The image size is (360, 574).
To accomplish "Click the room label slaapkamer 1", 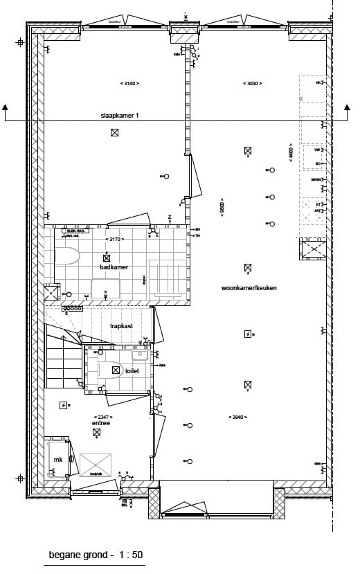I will [120, 116].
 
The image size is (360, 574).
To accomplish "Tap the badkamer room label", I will [114, 267].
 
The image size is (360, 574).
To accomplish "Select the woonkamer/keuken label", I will [249, 287].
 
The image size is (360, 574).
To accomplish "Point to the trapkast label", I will [121, 325].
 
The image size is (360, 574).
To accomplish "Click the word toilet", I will [132, 371].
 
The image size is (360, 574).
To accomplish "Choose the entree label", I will [101, 422].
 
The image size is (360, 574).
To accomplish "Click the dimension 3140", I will [129, 84].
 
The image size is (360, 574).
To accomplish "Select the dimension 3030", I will [250, 84].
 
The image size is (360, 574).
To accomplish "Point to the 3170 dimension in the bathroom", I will [114, 240].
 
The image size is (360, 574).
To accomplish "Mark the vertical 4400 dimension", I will [291, 152].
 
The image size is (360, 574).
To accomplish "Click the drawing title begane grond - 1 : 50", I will [96, 555].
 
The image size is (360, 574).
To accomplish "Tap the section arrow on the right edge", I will [348, 108].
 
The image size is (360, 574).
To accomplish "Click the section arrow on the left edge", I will [6, 108].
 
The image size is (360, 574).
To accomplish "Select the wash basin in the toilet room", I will [140, 355].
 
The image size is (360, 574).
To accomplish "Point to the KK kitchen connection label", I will [318, 82].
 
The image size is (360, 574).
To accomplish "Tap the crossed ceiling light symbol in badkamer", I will [107, 258].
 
